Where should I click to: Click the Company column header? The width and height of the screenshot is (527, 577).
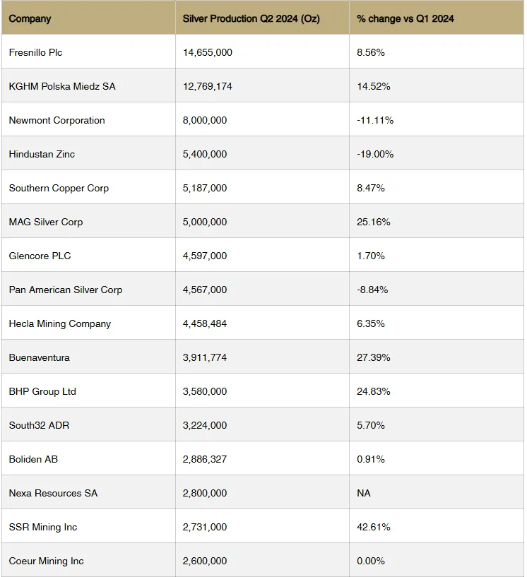point(30,18)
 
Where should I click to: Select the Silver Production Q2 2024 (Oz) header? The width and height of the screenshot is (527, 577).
point(251,18)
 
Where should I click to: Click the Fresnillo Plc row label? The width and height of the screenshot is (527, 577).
point(35,52)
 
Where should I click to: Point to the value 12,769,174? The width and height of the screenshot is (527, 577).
point(208,86)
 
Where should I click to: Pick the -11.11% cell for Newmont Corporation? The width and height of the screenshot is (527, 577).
point(375,120)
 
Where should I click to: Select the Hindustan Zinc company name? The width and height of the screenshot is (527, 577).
point(42,154)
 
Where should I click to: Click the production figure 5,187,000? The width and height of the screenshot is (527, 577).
point(205,188)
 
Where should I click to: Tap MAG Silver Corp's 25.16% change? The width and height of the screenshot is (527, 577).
point(374,222)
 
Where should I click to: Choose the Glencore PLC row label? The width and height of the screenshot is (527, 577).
point(40,256)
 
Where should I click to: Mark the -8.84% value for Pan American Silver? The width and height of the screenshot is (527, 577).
point(372,290)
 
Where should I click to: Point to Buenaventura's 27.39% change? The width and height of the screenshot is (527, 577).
point(374,357)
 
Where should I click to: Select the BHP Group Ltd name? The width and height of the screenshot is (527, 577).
point(42,391)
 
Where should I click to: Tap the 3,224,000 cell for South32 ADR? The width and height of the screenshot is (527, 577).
point(205,425)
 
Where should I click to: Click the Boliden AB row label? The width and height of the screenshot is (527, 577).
point(33,459)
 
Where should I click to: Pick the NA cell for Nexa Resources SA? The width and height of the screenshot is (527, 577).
point(364,493)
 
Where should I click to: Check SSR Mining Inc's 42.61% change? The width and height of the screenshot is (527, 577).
point(374,527)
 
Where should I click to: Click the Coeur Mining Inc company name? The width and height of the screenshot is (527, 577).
point(46,561)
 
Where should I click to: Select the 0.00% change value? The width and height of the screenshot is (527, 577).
point(371,561)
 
